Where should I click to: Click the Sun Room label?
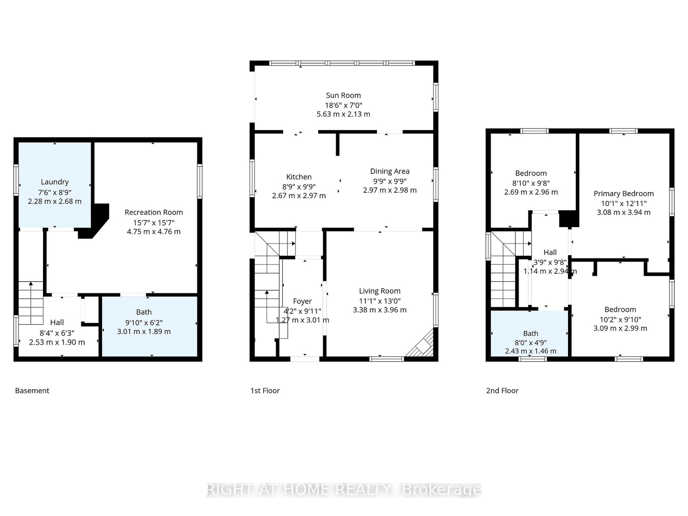click(343, 95)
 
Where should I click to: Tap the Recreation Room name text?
click(154, 212)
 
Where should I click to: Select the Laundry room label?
click(55, 182)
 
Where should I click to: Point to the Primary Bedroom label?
click(623, 193)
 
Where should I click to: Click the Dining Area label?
click(390, 172)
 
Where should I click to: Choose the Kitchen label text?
click(299, 177)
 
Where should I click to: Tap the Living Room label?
click(380, 291)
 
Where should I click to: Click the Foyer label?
click(302, 301)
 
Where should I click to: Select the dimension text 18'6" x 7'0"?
click(343, 105)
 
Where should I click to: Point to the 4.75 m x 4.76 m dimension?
click(154, 232)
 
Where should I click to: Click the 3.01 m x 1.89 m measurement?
click(144, 332)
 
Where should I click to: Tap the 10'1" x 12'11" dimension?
click(623, 203)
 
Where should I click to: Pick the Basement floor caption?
click(32, 391)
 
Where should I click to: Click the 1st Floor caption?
click(265, 391)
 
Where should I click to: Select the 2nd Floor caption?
click(502, 391)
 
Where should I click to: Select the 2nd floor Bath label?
click(530, 334)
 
